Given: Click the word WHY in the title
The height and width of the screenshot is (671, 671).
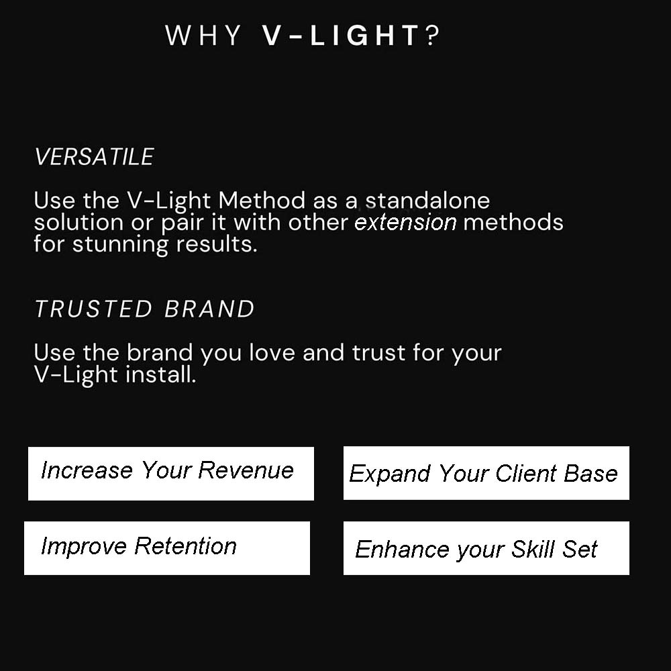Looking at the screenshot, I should pos(203,36).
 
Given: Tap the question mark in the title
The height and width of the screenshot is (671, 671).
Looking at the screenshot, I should pos(433,36).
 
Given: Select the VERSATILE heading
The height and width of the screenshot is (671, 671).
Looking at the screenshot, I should pos(94,157).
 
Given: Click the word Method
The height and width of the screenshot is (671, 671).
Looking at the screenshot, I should pos(263,201).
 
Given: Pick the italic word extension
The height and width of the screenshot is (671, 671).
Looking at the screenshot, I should pos(405,222).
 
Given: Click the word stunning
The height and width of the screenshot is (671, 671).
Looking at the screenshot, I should pos(121,244).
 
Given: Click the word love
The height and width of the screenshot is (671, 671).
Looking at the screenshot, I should pos(272,353).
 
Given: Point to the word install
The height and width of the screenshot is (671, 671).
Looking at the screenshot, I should pos(161,374).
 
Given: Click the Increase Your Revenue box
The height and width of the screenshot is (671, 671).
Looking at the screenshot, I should pos(170,473).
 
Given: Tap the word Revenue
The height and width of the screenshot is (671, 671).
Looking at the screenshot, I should pos(246,470).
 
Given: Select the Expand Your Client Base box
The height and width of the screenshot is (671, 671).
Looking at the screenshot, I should pos(486,473).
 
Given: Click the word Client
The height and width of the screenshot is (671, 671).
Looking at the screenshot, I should pos(527,474).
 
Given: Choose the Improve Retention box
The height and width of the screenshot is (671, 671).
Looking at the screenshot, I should pos(166,548).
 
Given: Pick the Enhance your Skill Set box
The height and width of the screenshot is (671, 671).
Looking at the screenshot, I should pos(486,548).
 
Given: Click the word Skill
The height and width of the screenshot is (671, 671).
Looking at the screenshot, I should pos(533,550).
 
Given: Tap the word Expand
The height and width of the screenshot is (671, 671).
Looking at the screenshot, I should pos(390,474).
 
